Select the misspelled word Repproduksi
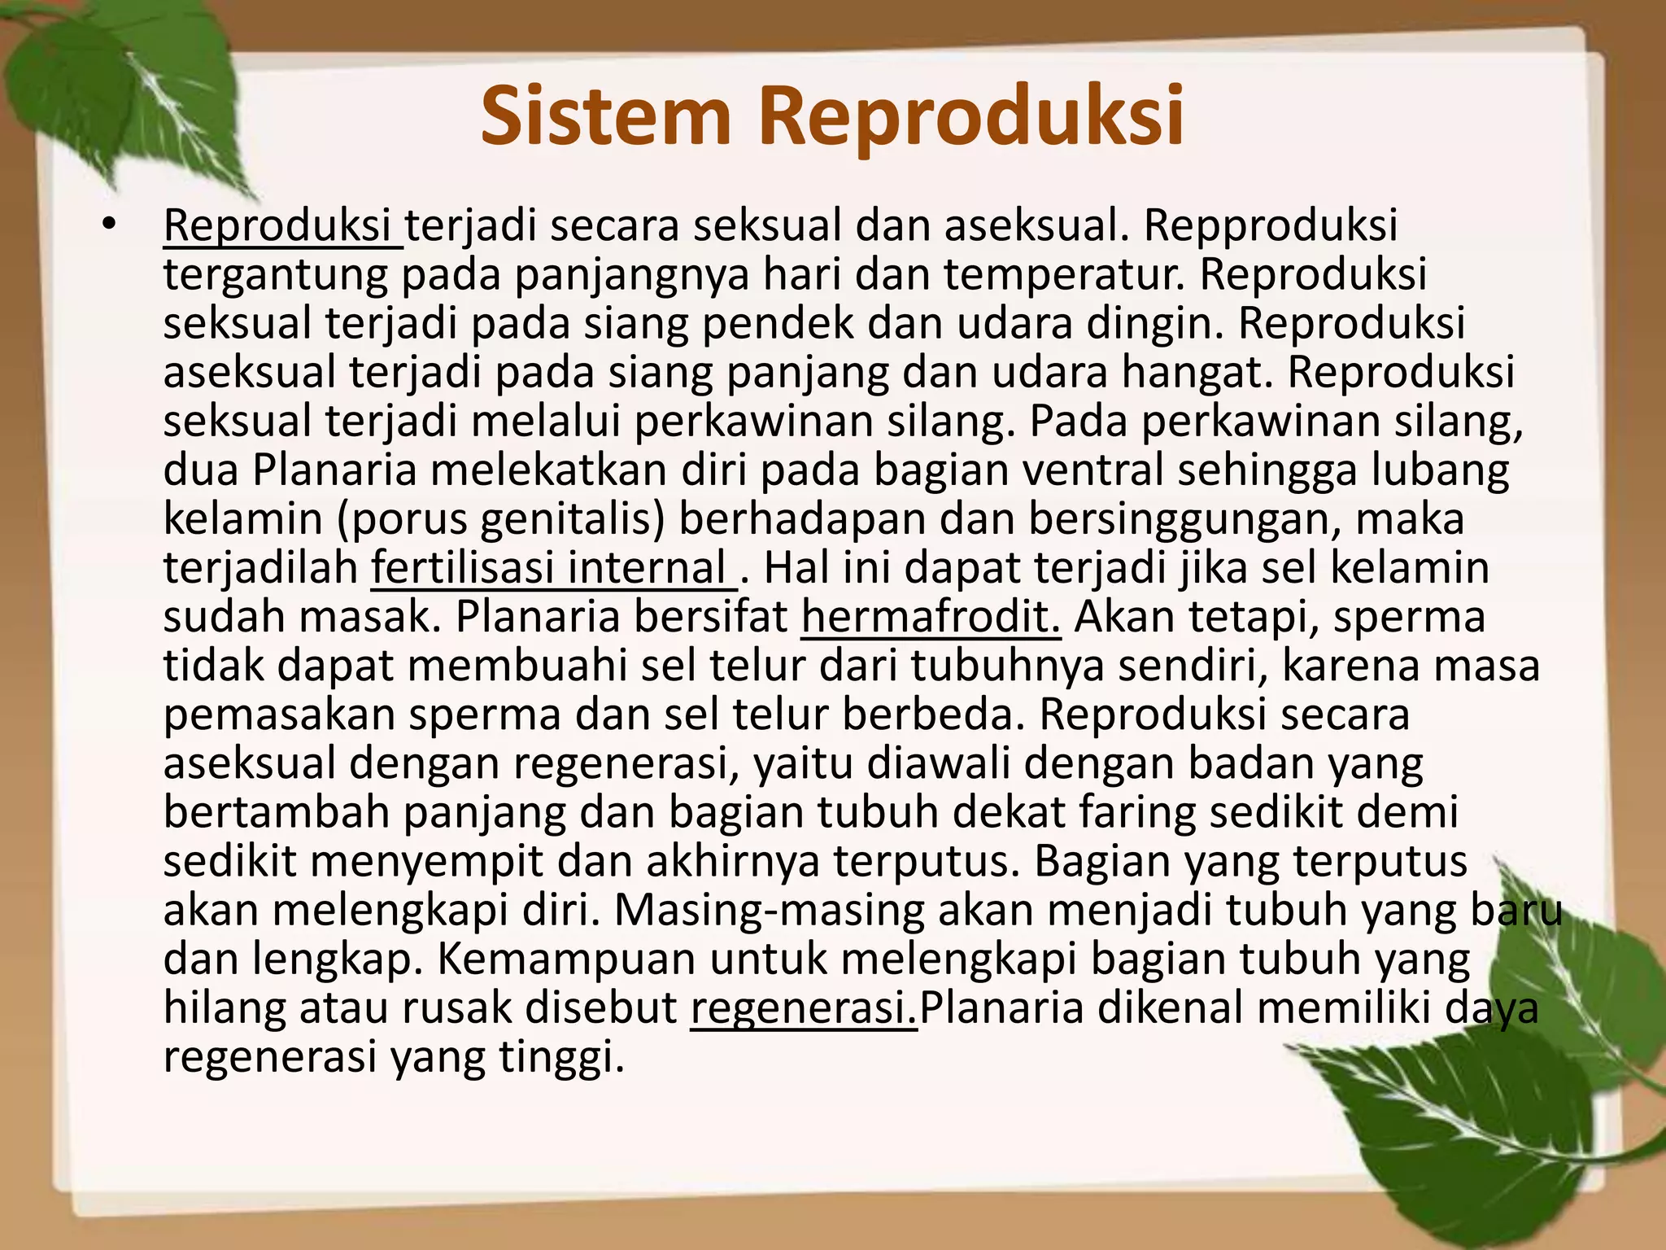1271,225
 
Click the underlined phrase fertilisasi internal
553,568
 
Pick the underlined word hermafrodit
931,617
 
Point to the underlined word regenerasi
804,1008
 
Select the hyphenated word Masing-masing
769,911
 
